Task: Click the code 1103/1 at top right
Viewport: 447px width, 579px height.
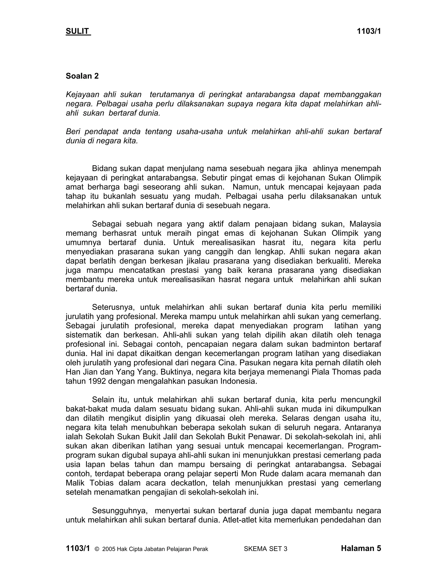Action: tap(369, 31)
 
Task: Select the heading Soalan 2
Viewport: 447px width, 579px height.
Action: tap(82, 76)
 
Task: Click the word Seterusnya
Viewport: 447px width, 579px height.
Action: tap(113, 307)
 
